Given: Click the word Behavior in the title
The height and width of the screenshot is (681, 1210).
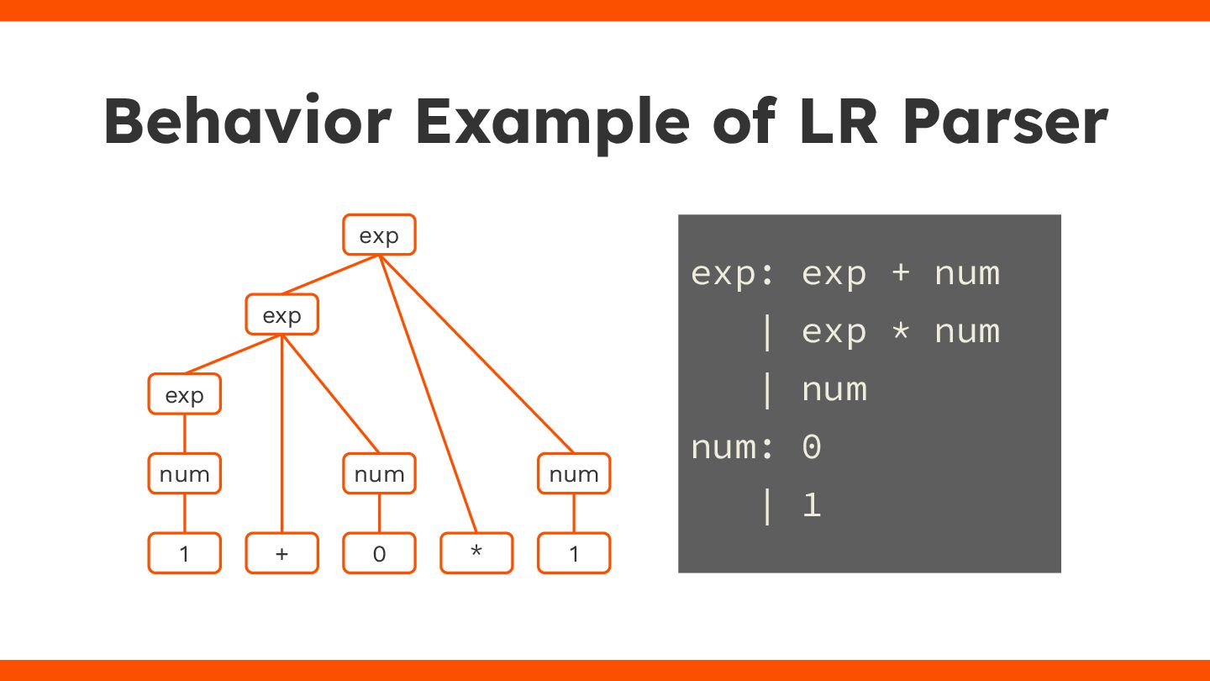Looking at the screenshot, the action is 248,123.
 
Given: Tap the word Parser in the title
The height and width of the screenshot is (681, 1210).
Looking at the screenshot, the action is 1005,123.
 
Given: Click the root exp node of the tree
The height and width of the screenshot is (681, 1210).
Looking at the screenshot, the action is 379,235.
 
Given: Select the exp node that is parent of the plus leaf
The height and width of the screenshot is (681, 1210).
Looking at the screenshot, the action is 281,314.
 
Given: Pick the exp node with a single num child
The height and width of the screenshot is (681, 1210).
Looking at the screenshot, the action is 185,394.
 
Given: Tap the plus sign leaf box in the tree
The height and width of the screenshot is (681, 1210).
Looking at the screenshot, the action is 281,553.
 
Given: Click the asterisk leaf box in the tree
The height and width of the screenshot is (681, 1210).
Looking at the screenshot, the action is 476,553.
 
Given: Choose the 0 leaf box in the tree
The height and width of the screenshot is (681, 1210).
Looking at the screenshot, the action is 379,553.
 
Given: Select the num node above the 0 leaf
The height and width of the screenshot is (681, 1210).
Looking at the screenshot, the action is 379,473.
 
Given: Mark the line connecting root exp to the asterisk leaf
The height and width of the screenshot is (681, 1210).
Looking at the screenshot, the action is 429,395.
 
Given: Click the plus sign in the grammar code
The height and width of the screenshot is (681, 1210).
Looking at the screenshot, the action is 901,274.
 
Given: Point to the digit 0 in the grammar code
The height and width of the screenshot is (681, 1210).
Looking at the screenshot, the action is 811,447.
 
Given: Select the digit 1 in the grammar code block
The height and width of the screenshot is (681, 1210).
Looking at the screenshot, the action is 811,505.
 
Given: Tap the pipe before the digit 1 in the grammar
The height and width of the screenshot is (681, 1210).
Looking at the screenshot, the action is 765,505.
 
